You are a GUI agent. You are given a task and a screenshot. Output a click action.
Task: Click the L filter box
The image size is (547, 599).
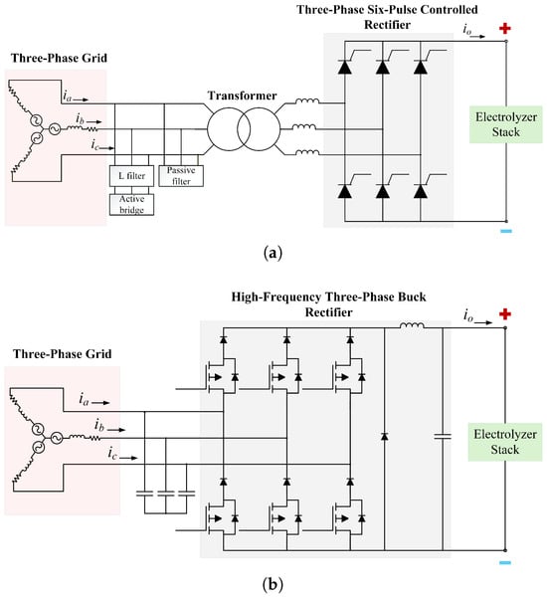[131, 176]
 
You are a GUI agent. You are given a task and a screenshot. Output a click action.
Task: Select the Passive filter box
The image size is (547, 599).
[181, 176]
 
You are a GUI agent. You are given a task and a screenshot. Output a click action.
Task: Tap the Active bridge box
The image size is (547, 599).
[131, 204]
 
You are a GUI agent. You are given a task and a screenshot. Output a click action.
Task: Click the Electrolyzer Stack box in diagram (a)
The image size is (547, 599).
[506, 124]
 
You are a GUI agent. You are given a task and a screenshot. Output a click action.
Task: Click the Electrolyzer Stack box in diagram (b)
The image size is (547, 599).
[505, 442]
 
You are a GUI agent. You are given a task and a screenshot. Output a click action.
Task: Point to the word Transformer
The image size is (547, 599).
[242, 96]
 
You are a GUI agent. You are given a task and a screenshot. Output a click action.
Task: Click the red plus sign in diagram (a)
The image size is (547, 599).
[505, 28]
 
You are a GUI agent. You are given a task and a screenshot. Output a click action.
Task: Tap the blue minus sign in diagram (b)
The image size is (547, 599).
[505, 562]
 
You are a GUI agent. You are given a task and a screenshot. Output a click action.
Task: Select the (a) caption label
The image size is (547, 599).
[273, 253]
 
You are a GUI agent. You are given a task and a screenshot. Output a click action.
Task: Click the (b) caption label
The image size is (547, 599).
[273, 584]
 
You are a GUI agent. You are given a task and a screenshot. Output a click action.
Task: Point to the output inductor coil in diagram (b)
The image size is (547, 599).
[412, 325]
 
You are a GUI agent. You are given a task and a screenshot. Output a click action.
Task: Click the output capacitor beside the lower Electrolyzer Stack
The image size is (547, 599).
[443, 436]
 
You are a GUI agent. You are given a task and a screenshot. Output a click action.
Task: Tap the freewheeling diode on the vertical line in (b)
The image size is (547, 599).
[384, 436]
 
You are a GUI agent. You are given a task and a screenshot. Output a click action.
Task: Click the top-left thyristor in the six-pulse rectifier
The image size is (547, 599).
[345, 67]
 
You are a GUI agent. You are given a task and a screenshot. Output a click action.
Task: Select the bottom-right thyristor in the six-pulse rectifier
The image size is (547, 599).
[421, 191]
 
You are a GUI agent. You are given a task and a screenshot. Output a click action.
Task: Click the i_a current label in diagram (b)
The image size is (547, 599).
[84, 399]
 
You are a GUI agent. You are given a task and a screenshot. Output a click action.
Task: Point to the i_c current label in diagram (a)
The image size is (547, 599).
[94, 145]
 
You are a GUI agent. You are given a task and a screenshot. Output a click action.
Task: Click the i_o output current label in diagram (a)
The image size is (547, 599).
[467, 29]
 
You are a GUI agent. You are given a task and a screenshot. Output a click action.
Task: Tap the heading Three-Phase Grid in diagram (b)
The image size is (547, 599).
[63, 354]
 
